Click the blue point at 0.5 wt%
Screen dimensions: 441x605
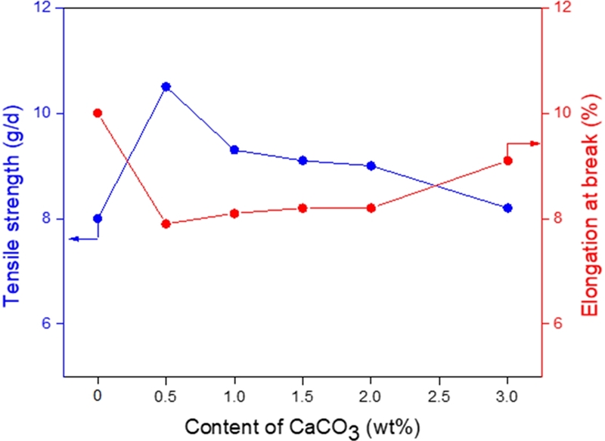coord(166,87)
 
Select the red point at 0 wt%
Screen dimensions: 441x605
coord(98,113)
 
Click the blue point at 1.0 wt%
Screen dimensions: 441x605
coord(234,150)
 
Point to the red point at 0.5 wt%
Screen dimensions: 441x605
coord(166,224)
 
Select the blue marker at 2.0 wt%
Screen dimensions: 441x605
coord(371,165)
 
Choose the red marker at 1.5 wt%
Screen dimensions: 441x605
coord(302,208)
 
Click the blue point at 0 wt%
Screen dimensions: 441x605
coord(98,218)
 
